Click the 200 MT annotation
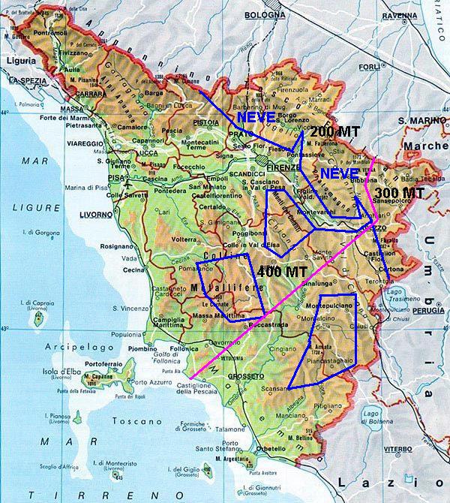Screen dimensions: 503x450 [x=334, y=131]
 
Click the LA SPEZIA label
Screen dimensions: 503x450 [x=24, y=79]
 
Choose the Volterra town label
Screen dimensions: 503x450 [x=187, y=241]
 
